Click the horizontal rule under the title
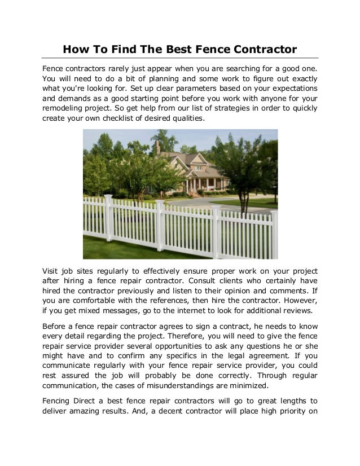point(180,58)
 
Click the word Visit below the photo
point(52,269)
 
